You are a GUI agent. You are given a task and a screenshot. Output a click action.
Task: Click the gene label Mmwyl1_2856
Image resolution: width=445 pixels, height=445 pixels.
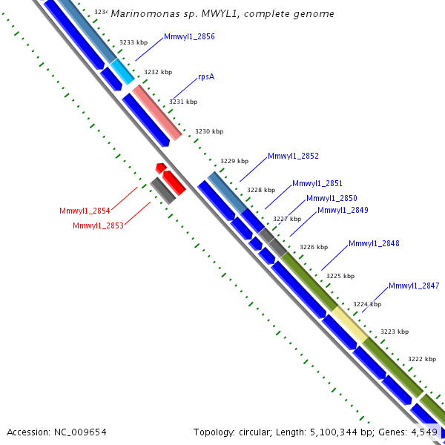click(x=189, y=36)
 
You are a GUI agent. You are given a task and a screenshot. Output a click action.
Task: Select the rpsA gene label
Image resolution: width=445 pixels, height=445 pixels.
click(x=206, y=77)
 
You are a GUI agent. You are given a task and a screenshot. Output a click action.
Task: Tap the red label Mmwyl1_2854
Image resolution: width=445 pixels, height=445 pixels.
click(x=85, y=211)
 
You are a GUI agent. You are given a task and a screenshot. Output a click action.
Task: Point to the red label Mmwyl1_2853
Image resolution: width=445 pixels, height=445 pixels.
click(x=98, y=225)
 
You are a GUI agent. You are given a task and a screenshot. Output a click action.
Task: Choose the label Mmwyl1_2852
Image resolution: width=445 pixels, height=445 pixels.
click(x=293, y=156)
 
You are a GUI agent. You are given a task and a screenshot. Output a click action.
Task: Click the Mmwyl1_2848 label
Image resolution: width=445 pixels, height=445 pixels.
click(x=374, y=243)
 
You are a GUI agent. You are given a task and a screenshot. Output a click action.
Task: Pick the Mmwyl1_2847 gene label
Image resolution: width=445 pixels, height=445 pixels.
click(x=414, y=286)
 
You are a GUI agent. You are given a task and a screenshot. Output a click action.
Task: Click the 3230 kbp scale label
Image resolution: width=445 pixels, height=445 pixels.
click(x=209, y=131)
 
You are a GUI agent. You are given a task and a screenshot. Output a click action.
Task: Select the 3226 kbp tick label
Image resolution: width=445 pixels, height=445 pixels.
click(x=314, y=247)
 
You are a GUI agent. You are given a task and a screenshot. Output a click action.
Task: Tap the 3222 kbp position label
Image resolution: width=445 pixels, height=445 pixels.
click(x=422, y=359)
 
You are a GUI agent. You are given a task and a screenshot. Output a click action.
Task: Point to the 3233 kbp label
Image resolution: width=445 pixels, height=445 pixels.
click(x=133, y=42)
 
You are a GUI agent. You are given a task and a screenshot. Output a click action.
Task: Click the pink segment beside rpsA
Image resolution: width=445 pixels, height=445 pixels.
click(x=157, y=113)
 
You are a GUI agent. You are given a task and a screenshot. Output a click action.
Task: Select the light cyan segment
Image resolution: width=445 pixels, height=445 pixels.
click(x=122, y=71)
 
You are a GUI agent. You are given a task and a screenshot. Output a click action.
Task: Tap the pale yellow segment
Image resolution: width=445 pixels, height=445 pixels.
click(x=350, y=324)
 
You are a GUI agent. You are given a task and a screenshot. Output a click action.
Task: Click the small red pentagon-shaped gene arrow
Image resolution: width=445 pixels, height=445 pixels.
click(x=161, y=168)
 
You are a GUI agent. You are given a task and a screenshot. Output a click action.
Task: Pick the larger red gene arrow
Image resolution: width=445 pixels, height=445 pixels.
click(x=174, y=183)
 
